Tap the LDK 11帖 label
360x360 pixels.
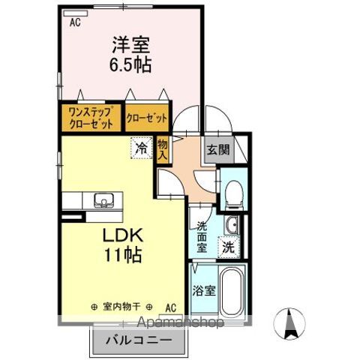(122, 243)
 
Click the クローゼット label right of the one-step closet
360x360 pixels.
(146, 118)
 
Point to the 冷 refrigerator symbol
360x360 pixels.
(141, 148)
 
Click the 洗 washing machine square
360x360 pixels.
(228, 245)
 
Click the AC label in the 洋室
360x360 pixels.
(74, 22)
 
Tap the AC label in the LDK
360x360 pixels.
(172, 307)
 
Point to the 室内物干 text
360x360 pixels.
(122, 307)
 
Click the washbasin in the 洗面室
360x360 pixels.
(231, 223)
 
